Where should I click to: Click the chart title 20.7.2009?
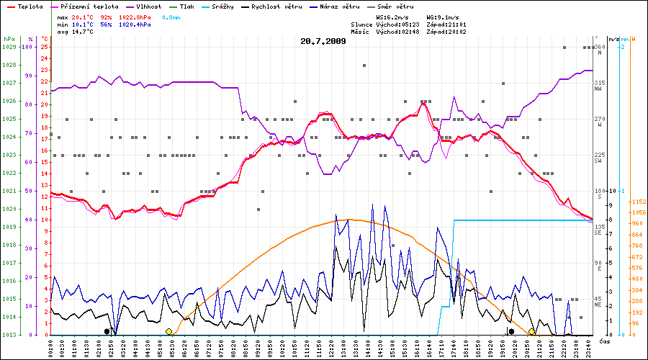coord(323,41)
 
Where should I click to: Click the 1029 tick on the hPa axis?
coord(9,47)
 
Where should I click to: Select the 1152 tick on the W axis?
coord(638,202)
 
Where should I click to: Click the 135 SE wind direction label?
coord(598,230)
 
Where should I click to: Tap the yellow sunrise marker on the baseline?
coord(168,331)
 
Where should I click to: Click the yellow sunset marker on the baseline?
coord(531,331)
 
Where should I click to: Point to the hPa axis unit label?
coord(9,39)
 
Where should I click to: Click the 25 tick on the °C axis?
coord(44,47)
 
